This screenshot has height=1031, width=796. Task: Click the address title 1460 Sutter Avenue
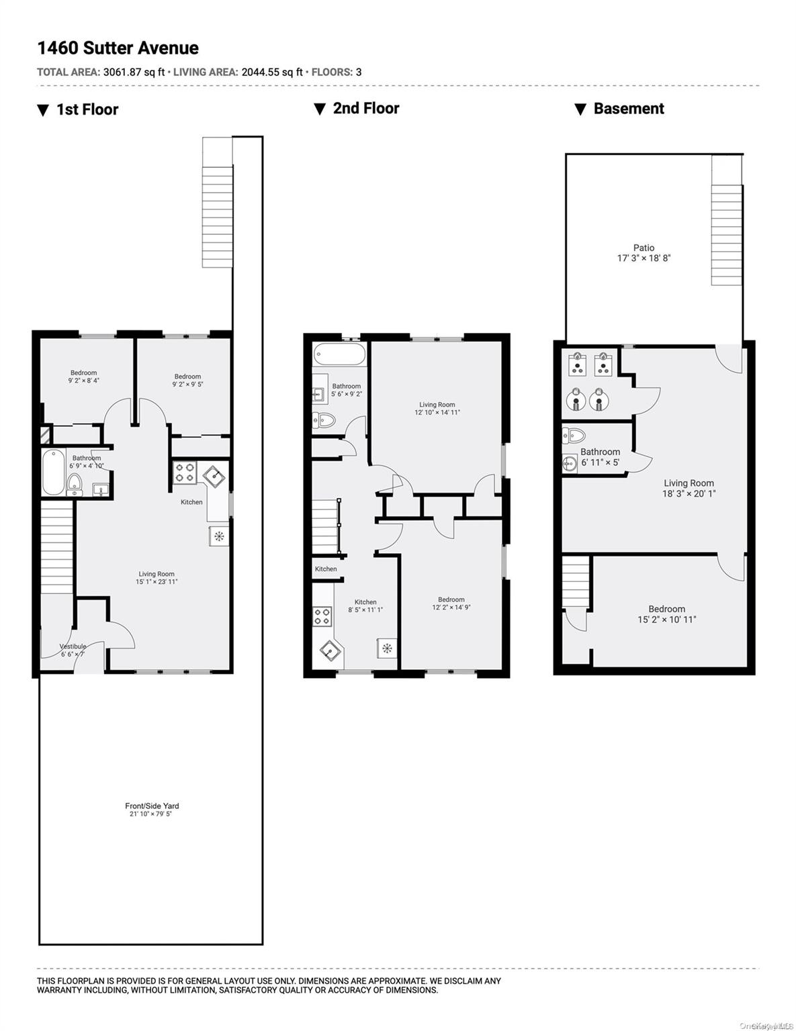(118, 48)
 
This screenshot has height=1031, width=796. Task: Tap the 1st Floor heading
(87, 110)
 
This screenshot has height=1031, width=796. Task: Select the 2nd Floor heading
(365, 109)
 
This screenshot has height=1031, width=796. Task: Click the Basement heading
(628, 109)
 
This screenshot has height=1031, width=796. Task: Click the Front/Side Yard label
(152, 806)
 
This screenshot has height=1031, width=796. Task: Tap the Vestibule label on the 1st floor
(73, 646)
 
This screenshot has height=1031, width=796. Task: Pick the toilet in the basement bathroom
(573, 434)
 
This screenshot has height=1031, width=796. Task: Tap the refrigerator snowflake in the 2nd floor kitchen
(387, 648)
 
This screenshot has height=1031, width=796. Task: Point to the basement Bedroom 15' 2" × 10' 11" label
(666, 614)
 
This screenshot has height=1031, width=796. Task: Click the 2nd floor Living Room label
(437, 405)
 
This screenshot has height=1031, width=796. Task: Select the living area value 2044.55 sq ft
(271, 72)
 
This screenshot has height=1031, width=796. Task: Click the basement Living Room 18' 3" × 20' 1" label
(689, 488)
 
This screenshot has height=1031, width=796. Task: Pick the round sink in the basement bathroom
(572, 462)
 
